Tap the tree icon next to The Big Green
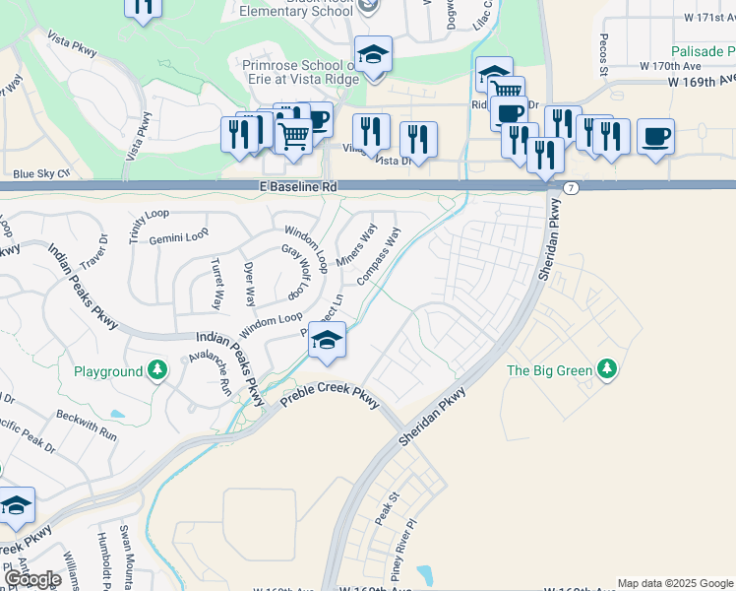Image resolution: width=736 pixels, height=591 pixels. [x=607, y=369]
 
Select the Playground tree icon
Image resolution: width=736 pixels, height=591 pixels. [x=157, y=370]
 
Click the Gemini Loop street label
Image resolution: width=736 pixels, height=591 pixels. [x=179, y=236]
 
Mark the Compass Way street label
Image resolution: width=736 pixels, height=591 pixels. [x=379, y=256]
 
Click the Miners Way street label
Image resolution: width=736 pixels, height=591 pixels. [x=356, y=246]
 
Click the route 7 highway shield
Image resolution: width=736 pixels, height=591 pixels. [x=571, y=186]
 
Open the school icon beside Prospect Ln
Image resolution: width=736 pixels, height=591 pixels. [x=327, y=341]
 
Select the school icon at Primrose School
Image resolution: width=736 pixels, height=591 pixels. [x=373, y=55]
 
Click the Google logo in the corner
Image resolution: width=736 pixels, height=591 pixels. [x=32, y=579]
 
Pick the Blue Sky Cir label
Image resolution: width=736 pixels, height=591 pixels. [x=42, y=173]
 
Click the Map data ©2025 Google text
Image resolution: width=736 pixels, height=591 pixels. [x=675, y=583]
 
